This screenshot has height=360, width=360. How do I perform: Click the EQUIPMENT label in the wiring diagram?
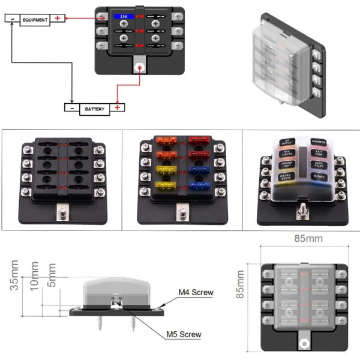[x=35, y=19]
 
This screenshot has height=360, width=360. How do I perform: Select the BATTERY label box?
[x=95, y=109]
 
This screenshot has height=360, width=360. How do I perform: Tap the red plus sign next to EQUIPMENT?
[x=58, y=19]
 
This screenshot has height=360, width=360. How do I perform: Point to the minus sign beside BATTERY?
[x=71, y=109]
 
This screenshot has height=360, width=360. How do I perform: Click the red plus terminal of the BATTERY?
[x=118, y=108]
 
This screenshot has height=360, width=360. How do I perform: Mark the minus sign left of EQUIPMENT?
[x=11, y=19]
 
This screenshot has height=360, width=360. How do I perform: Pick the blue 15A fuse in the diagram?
[x=124, y=17]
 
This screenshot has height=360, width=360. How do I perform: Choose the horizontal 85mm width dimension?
[x=308, y=238]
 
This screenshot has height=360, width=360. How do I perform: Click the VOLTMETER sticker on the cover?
[x=319, y=142]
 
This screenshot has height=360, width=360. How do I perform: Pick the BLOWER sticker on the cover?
[x=317, y=176]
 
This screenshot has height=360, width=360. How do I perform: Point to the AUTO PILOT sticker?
[x=318, y=164]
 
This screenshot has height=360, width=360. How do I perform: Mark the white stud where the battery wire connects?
[x=140, y=68]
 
